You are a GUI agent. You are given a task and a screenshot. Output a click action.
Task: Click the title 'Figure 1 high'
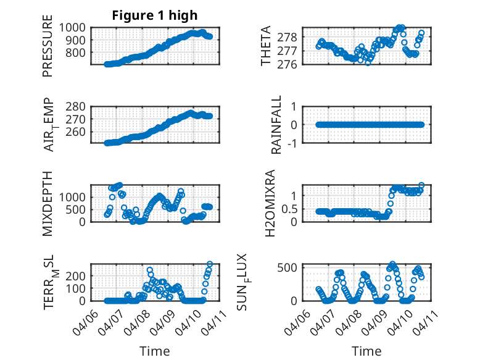(155, 15)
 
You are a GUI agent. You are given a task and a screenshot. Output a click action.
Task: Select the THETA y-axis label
(266, 46)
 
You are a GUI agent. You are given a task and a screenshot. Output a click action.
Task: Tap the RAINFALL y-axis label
(277, 125)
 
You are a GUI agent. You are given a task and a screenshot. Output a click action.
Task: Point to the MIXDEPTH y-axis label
(48, 203)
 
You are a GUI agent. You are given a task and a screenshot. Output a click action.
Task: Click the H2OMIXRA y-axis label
(270, 203)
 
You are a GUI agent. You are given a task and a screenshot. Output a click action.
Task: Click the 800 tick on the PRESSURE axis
(80, 52)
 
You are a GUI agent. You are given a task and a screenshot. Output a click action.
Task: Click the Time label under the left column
(154, 351)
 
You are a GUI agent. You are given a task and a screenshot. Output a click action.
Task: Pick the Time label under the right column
(367, 351)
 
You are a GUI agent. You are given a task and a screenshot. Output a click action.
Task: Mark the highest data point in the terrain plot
(210, 264)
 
